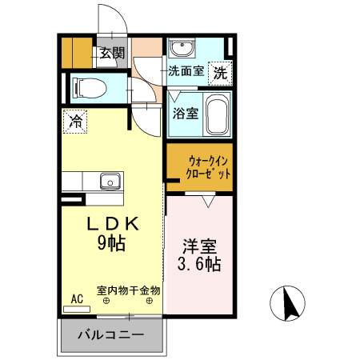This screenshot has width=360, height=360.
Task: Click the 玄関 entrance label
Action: click(112, 54)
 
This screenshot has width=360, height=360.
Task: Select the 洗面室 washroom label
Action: click(185, 71)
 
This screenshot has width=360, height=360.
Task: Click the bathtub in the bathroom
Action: click(217, 112)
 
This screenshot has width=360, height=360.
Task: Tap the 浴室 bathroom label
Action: click(186, 113)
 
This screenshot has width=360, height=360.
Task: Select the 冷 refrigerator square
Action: click(76, 122)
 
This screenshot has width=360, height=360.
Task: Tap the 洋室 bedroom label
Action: click(200, 244)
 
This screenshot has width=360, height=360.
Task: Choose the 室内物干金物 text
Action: click(129, 290)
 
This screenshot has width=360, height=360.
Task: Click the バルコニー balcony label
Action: click(110, 335)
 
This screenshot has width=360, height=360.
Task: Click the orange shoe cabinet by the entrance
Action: click(78, 52)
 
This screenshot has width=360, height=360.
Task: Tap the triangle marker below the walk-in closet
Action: click(208, 201)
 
